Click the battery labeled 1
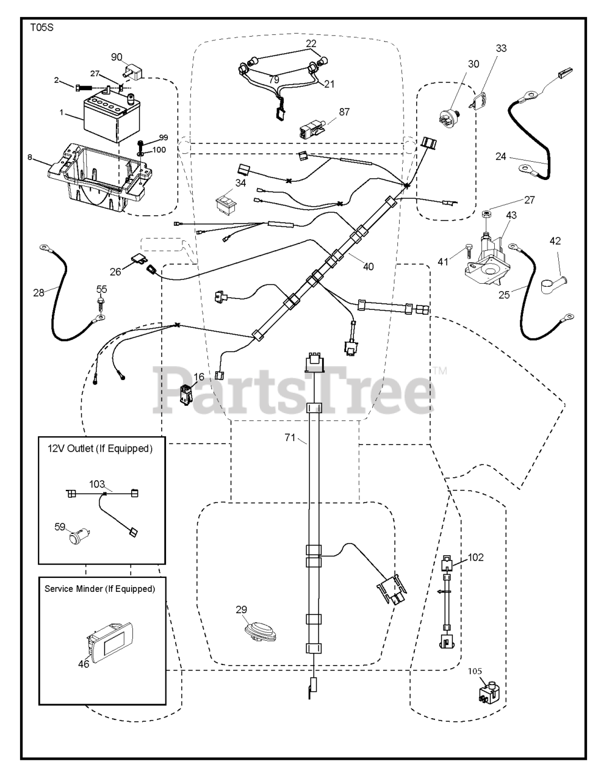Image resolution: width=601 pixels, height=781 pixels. pos(112,118)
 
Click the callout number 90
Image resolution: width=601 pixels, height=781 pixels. pos(117,57)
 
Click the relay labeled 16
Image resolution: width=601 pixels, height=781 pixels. pos(186,394)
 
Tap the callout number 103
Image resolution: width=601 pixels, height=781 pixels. pos(96,484)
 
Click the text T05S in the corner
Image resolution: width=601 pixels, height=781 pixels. pos(41,27)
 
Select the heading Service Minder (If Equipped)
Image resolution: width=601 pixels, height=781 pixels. pos(100,589)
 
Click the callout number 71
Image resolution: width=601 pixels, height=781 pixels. pos(290,437)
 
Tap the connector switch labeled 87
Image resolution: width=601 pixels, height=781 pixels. pos(312,129)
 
